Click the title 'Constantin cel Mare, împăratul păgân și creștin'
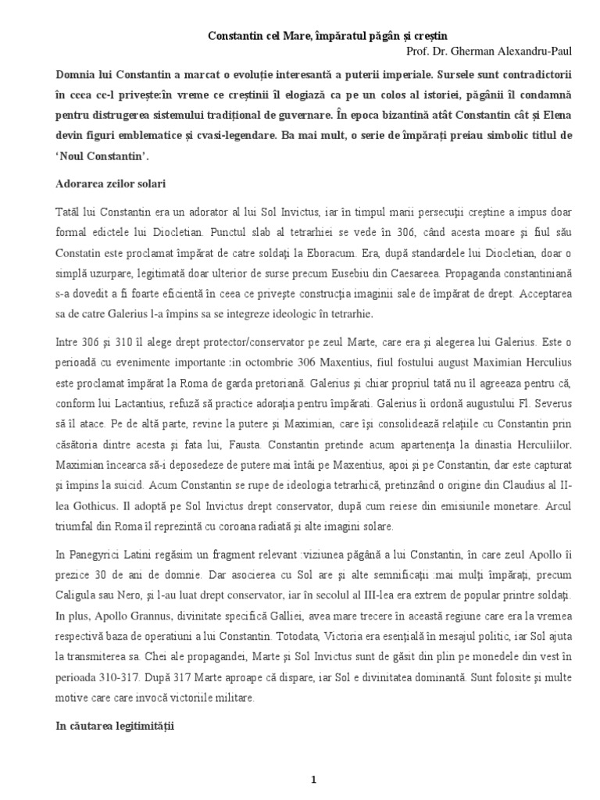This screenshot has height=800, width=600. point(327,36)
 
